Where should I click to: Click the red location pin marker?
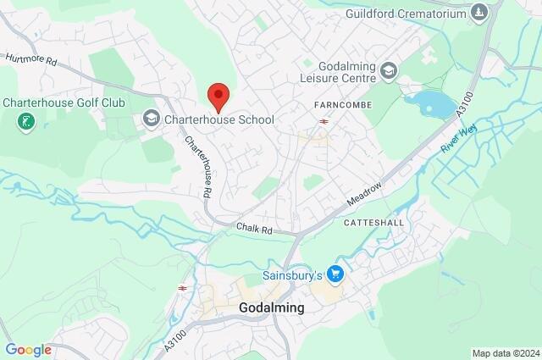(x=218, y=97)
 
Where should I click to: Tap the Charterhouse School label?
(x=220, y=119)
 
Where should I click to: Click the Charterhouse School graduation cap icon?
(x=152, y=119)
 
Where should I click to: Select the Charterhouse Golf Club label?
(x=75, y=102)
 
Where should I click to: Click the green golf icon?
(x=25, y=122)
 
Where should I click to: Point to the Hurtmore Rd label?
(x=30, y=60)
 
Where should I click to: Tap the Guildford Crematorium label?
(x=406, y=14)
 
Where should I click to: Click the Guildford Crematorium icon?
(x=480, y=13)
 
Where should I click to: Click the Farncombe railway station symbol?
(x=324, y=121)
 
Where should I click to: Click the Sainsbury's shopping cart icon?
(x=336, y=274)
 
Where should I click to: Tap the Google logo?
(x=28, y=349)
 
